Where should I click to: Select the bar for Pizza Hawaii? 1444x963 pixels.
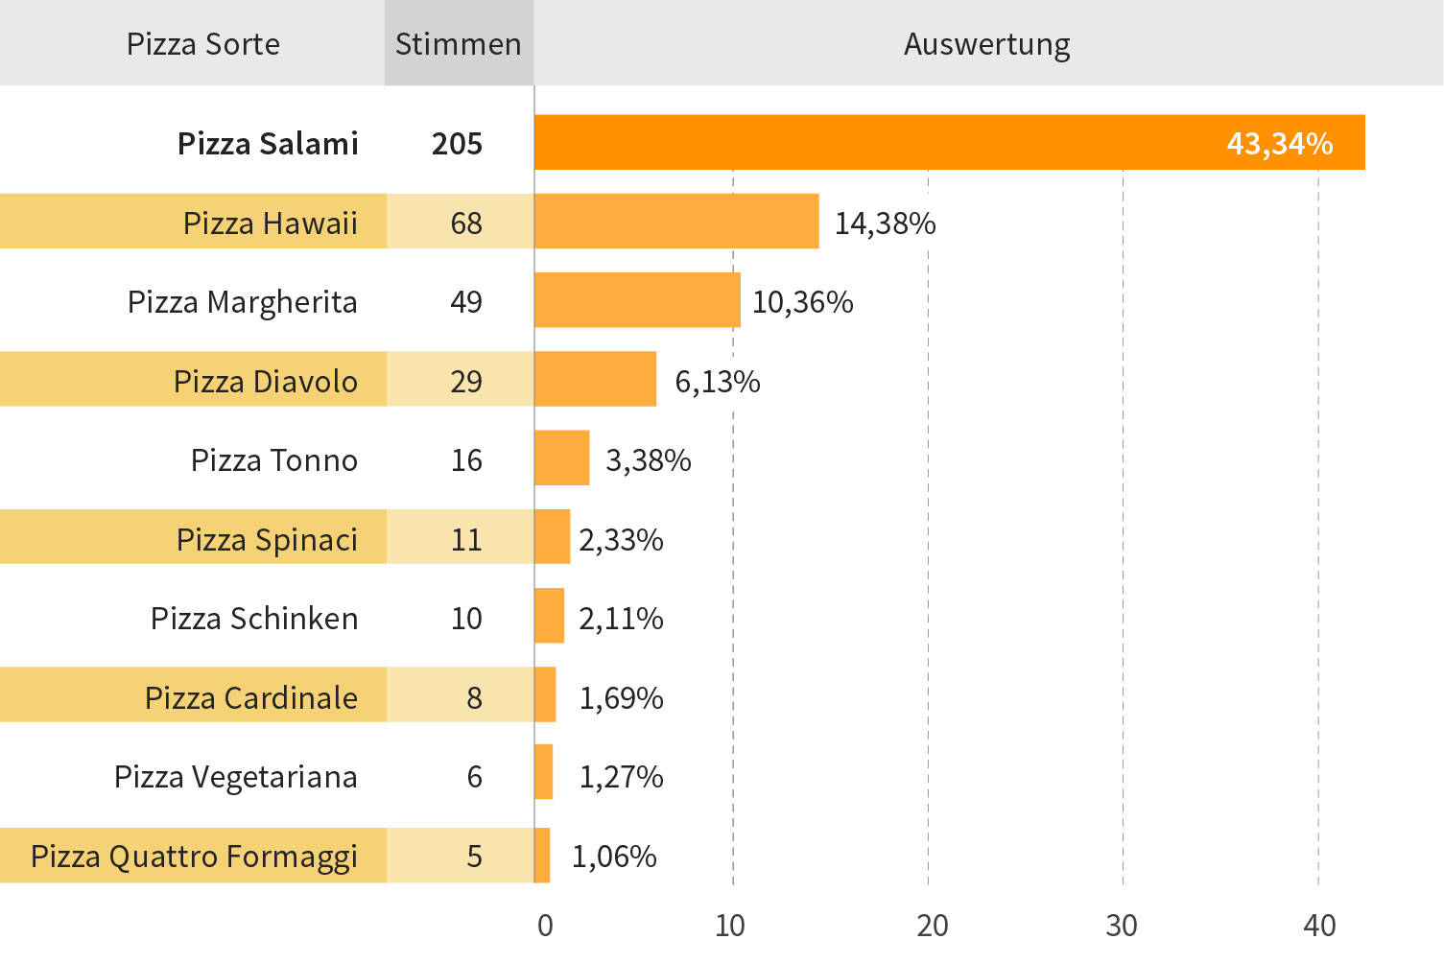[676, 222]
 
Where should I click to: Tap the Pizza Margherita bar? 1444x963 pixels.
[637, 300]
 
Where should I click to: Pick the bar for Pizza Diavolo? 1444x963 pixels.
[595, 379]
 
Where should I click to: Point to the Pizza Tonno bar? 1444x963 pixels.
[561, 458]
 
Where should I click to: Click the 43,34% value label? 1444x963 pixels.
[1279, 143]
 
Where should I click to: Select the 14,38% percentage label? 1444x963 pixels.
[885, 223]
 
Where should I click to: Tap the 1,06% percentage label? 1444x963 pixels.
[614, 856]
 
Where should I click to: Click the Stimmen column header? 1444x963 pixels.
[458, 44]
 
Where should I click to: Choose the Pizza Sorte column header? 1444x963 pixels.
[203, 44]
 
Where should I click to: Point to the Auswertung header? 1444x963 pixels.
[986, 44]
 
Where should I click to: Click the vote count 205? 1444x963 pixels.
[457, 144]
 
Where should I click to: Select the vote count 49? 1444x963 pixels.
[466, 302]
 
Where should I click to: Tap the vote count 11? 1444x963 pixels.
[466, 539]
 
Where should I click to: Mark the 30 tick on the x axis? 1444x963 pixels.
[1121, 926]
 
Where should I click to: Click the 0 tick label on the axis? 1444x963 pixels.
[545, 926]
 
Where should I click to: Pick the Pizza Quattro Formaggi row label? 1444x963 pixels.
[194, 856]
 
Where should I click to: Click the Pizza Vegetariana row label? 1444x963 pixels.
[235, 777]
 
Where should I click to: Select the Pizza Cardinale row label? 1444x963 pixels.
[250, 697]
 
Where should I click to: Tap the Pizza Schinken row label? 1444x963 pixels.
[254, 619]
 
